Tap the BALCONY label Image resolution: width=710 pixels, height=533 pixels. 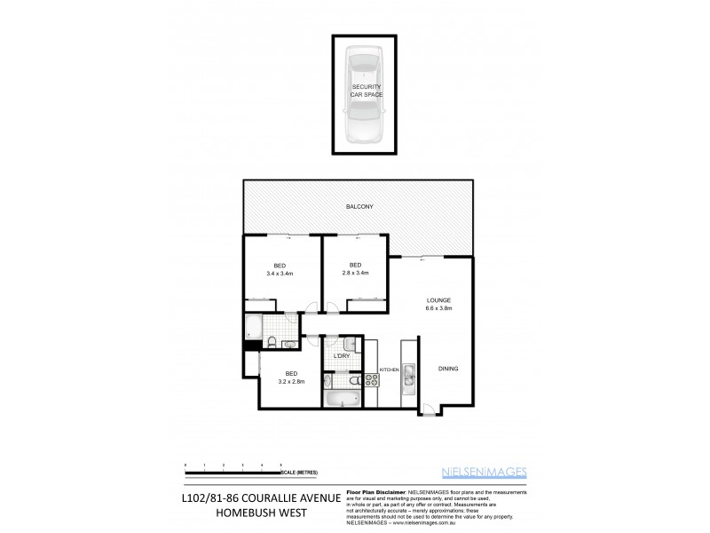pos(359,207)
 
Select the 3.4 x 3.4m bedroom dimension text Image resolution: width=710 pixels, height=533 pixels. pos(279,274)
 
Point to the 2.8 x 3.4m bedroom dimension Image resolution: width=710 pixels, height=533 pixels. pos(355,274)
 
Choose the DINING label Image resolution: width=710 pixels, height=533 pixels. pos(448,369)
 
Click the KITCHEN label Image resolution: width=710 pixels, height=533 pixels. pos(390,369)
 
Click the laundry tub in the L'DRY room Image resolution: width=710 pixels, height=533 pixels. pos(349,344)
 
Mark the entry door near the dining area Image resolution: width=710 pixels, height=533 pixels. pos(428,410)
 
